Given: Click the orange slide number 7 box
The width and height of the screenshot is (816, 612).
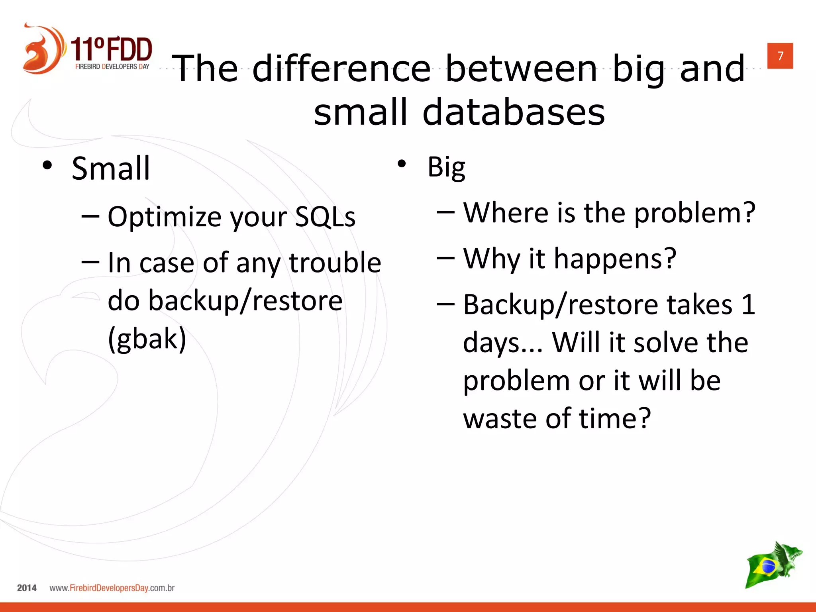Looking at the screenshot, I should [780, 56].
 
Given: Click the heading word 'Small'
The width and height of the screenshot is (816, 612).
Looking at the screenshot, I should [111, 169].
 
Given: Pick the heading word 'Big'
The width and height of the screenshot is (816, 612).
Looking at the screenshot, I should [446, 167].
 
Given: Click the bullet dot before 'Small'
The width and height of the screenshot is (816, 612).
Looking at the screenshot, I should [47, 165].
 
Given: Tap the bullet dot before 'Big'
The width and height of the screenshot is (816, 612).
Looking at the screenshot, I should [402, 164].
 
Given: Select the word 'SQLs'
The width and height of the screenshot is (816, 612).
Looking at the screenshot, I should [325, 217].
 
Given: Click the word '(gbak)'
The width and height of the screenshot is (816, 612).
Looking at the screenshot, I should [147, 339].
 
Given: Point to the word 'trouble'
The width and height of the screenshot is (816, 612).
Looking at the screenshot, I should [335, 263].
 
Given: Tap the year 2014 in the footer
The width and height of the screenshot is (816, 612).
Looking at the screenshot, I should [27, 588].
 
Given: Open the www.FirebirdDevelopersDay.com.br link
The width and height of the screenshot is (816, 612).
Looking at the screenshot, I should [112, 588].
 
